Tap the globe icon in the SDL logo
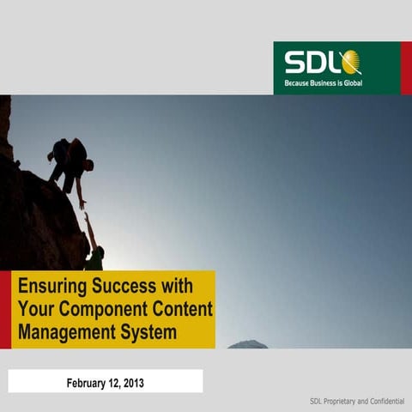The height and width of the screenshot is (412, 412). [x=350, y=63]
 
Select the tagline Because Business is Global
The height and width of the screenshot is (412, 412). [x=323, y=85]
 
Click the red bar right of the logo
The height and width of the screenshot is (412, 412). [x=406, y=68]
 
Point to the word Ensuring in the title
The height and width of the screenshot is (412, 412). [x=49, y=286]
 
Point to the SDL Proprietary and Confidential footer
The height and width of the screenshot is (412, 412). [x=357, y=402]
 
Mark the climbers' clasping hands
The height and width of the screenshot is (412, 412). [x=84, y=209]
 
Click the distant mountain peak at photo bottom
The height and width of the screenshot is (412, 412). [x=247, y=344]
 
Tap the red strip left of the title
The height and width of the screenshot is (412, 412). [x=5, y=310]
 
